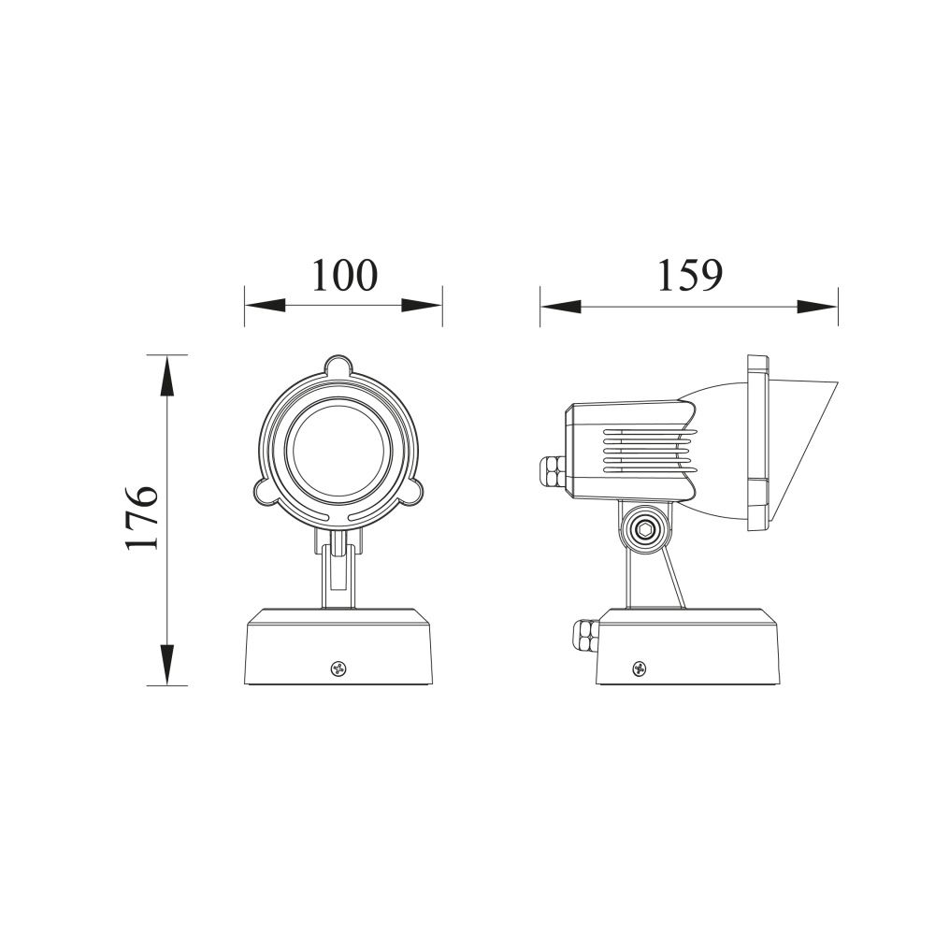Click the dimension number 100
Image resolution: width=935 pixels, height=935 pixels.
pyautogui.click(x=345, y=275)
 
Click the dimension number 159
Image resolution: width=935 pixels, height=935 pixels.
pyautogui.click(x=689, y=275)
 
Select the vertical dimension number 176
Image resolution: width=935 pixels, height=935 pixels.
pyautogui.click(x=142, y=516)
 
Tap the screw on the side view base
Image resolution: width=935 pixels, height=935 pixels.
pyautogui.click(x=640, y=669)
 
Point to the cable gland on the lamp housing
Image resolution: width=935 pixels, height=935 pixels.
pyautogui.click(x=553, y=470)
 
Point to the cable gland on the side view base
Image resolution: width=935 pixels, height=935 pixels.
pyautogui.click(x=585, y=636)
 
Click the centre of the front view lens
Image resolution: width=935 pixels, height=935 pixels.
pyautogui.click(x=339, y=449)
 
